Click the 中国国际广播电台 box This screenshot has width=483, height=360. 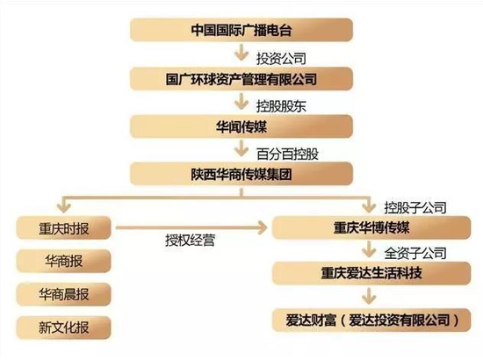(x=241, y=30)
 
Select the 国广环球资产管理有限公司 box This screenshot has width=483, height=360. (x=241, y=79)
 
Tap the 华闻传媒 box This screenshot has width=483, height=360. (x=241, y=126)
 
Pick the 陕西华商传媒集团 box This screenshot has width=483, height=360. (x=241, y=174)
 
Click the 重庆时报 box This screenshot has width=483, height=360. (x=63, y=228)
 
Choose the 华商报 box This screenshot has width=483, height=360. (x=63, y=261)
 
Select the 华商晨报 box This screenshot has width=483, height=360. (x=63, y=294)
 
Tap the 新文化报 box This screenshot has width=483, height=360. (x=63, y=328)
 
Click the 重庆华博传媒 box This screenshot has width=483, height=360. (x=371, y=227)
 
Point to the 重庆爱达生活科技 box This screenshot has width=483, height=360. (x=371, y=273)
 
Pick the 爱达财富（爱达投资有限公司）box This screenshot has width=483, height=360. (x=371, y=320)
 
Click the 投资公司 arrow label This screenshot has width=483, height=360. (x=281, y=59)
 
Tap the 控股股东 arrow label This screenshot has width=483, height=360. (x=281, y=106)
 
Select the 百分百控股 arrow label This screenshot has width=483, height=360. (x=287, y=154)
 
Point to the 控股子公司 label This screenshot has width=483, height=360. (x=415, y=208)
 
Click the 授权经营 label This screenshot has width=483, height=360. (x=190, y=241)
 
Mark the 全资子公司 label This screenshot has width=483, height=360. (x=415, y=253)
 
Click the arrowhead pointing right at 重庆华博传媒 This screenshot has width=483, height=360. (x=263, y=227)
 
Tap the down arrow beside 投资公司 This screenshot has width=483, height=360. (x=241, y=53)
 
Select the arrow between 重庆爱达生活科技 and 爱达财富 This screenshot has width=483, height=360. (x=369, y=296)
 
